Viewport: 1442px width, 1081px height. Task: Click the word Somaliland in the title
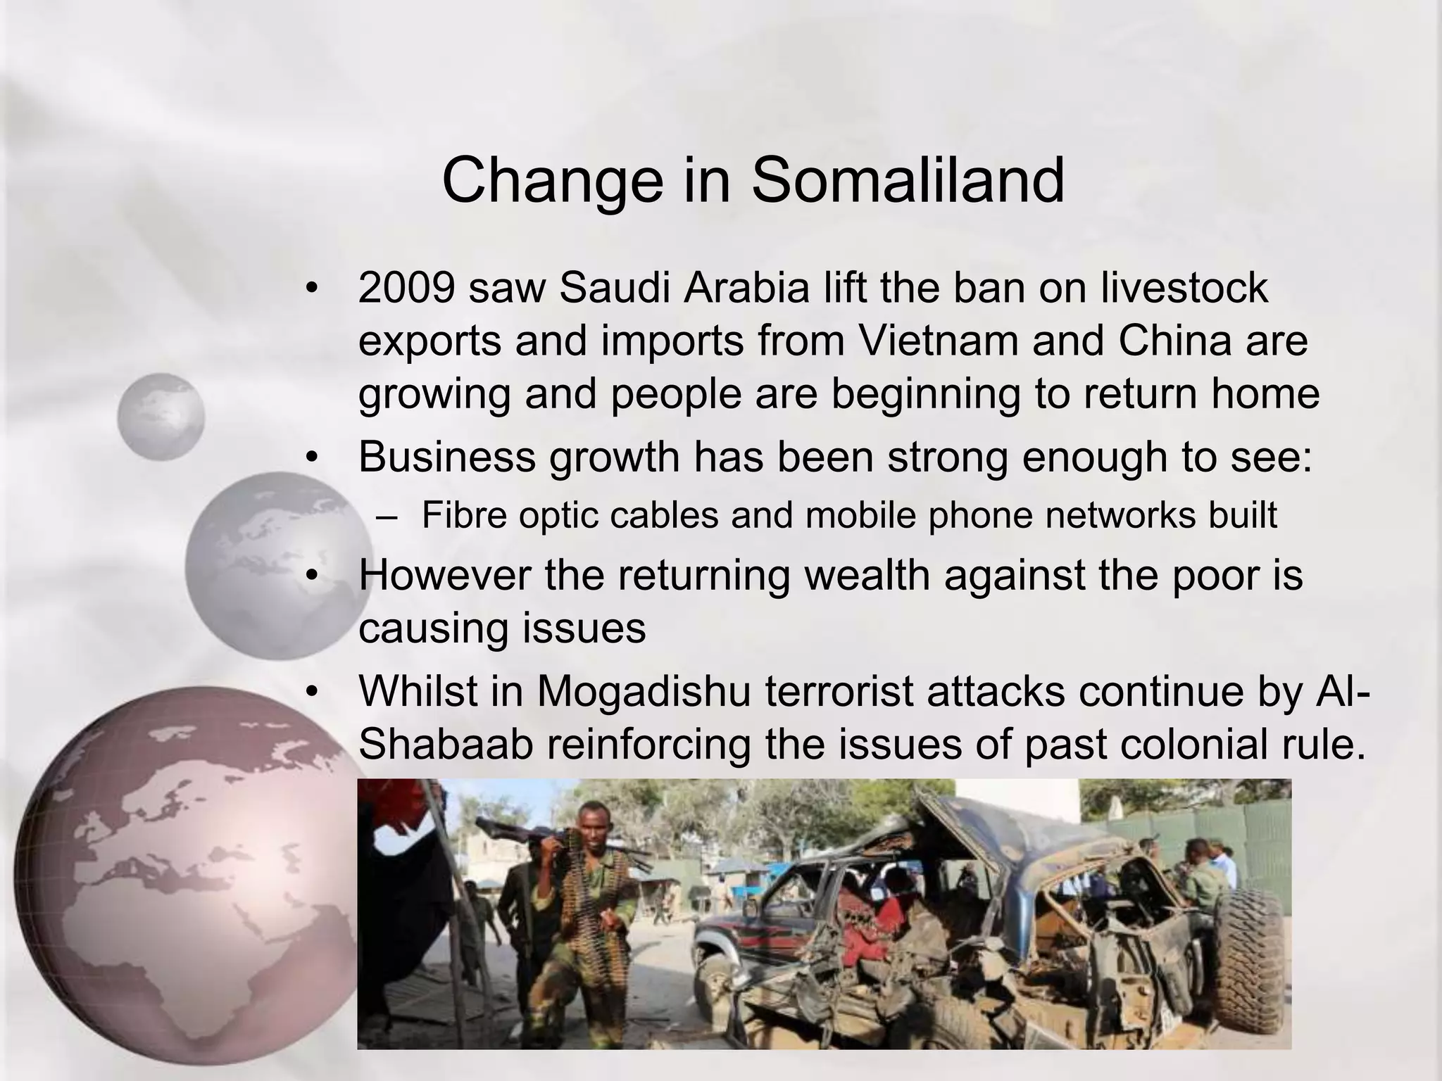coord(908,181)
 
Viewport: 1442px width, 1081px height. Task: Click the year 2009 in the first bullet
coord(406,289)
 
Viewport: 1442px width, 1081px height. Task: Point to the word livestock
coord(1184,289)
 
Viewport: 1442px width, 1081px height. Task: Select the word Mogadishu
coord(646,692)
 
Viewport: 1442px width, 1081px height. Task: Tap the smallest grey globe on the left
coord(161,417)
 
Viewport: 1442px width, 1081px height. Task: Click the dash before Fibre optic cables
coord(387,516)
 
